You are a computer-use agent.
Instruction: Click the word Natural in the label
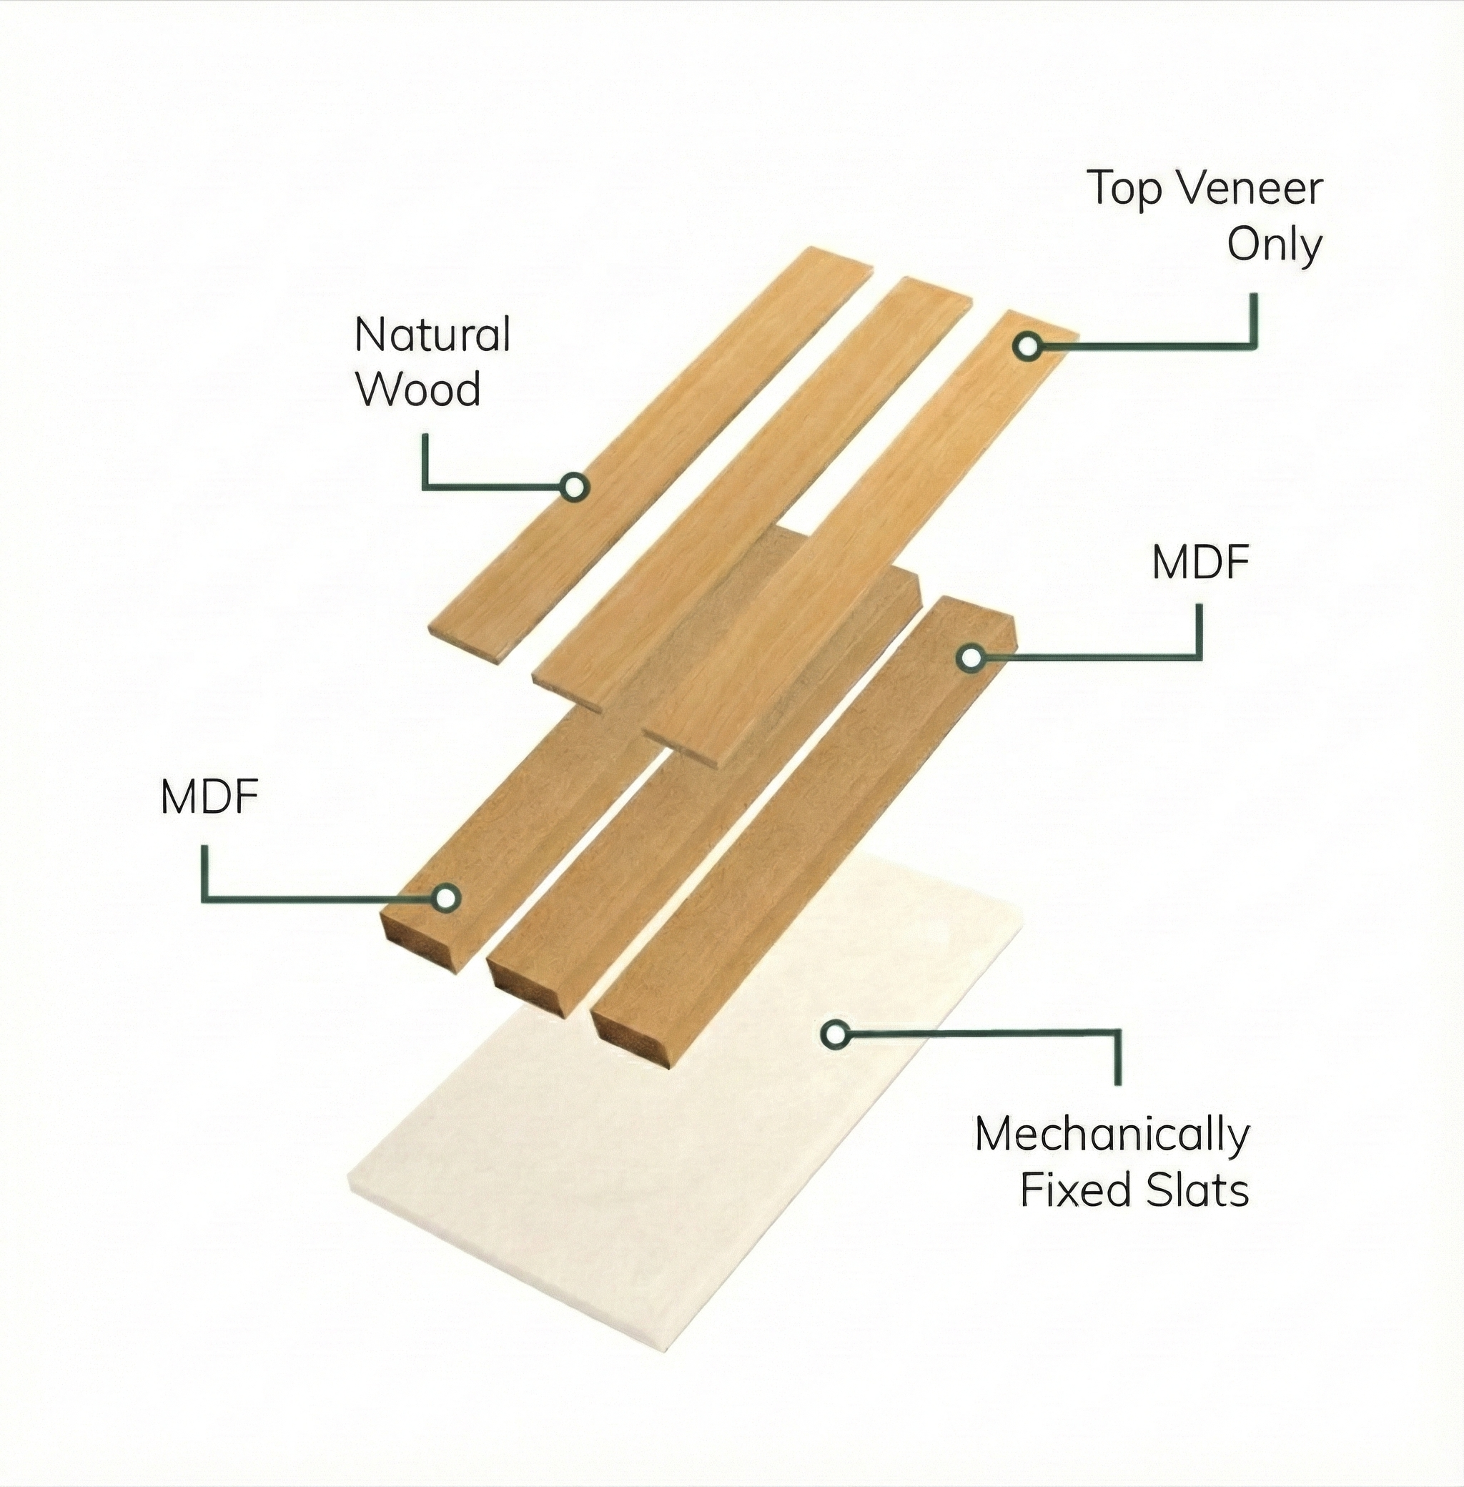point(432,335)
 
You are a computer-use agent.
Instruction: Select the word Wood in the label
point(418,390)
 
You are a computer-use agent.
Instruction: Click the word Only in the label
point(1274,245)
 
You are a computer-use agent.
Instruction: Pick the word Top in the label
point(1125,191)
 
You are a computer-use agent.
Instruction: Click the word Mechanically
point(1112,1136)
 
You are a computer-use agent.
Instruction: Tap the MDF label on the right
point(1200,563)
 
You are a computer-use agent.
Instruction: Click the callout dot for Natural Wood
point(573,486)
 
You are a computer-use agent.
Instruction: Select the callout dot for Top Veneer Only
point(1027,346)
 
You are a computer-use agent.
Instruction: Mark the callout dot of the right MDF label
point(971,658)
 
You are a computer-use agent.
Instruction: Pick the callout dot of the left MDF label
point(446,896)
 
